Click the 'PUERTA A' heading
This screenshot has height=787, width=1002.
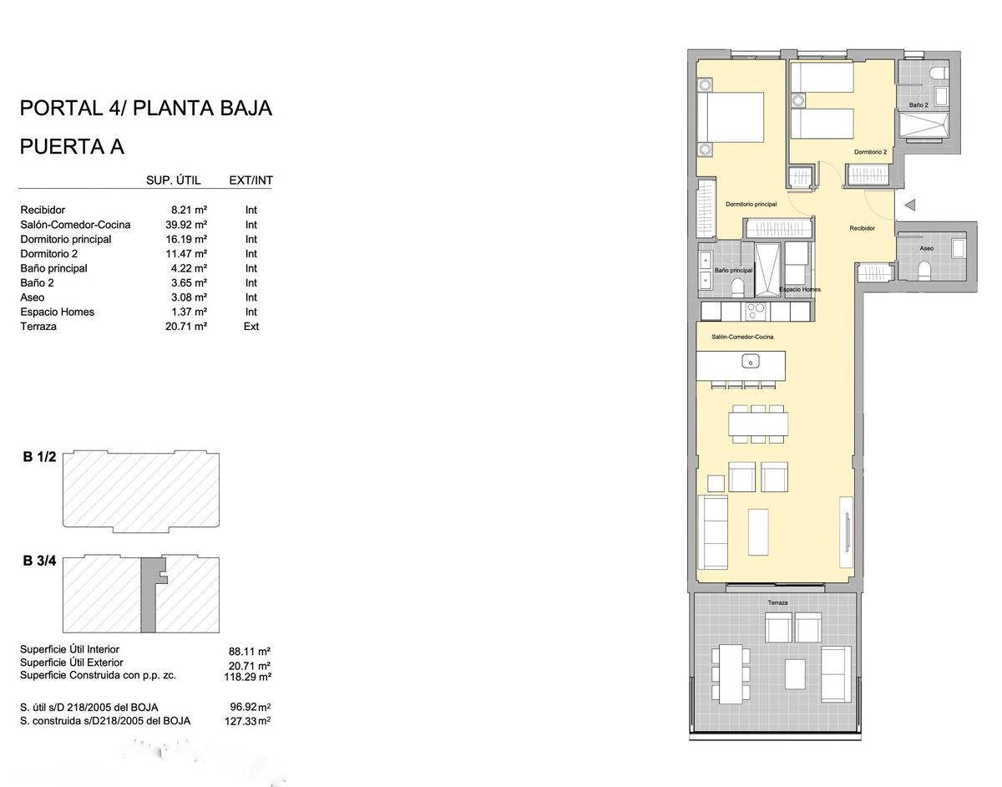(72, 147)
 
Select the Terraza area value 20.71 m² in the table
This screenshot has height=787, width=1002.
(186, 327)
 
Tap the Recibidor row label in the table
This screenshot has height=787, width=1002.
(43, 210)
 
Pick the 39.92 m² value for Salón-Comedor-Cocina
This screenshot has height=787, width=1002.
(186, 225)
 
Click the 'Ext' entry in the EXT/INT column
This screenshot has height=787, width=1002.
(251, 327)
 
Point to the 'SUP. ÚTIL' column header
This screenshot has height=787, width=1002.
(174, 180)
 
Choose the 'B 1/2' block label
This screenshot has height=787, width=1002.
(39, 457)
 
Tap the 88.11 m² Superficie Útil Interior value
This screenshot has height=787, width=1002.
(250, 652)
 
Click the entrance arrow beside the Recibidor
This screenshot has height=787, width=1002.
(910, 205)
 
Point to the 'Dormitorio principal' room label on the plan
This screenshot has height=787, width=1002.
(751, 204)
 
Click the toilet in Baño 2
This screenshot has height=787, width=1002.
(939, 74)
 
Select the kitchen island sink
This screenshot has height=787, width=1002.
(751, 361)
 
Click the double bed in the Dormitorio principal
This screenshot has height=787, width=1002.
(730, 117)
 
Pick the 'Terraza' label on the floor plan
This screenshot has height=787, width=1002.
(778, 602)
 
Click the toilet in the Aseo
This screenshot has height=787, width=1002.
(924, 271)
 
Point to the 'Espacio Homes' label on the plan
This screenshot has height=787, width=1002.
(800, 289)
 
